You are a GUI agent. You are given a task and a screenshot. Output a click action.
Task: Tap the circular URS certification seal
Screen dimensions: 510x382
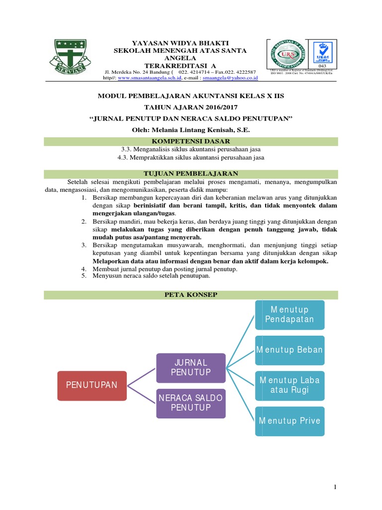(287, 54)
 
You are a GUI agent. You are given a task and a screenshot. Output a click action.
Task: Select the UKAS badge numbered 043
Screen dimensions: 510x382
(321, 54)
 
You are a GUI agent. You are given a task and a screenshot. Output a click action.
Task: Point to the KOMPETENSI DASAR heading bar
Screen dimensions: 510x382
(191, 142)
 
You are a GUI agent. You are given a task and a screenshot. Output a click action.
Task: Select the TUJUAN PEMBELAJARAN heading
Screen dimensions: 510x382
(191, 173)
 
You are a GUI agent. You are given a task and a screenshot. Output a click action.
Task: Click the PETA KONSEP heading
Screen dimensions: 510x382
(191, 295)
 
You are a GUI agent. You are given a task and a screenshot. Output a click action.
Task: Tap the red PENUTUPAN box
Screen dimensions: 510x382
(92, 385)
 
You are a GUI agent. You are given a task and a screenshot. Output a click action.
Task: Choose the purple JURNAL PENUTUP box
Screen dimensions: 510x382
(191, 368)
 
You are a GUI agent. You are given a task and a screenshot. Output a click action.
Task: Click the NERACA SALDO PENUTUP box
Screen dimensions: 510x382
(191, 403)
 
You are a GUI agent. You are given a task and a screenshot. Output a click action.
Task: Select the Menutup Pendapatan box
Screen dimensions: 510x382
(289, 315)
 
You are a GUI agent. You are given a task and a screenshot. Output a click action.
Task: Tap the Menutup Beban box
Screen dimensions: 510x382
(289, 350)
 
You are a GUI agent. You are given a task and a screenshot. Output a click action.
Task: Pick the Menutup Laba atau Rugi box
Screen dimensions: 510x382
(289, 385)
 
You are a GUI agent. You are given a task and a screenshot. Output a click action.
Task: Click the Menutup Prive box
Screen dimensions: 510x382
(289, 421)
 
